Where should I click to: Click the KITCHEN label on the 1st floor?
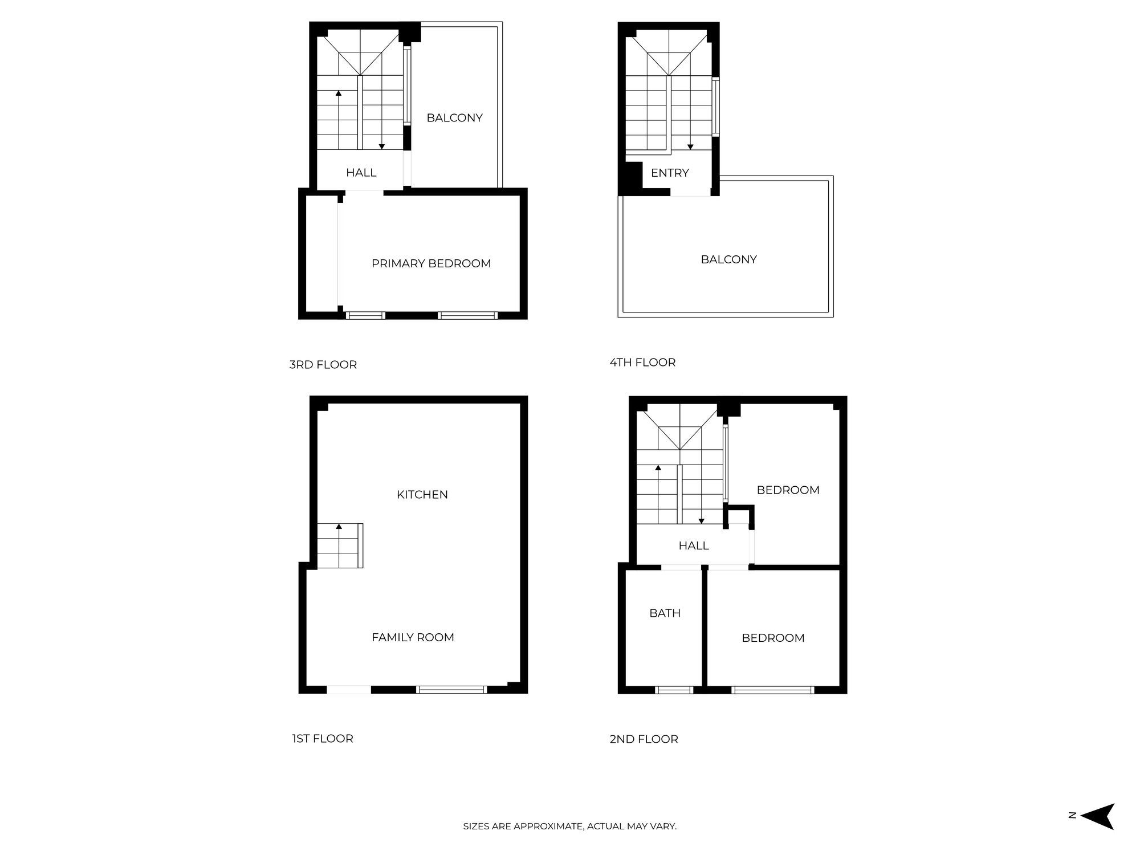coord(422,494)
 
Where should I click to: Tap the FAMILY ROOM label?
coord(413,637)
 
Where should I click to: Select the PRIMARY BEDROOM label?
coord(431,263)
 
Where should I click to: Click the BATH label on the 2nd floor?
coord(665,613)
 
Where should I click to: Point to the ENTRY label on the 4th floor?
coord(670,173)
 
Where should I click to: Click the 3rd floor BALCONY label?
coord(454,117)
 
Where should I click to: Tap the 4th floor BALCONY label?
coord(728,259)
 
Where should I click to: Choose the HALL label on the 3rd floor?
coord(361,172)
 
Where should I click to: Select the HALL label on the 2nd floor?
coord(693,545)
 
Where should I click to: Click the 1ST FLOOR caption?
coord(323,738)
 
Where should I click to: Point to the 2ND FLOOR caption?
coord(644,739)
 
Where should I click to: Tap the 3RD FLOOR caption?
coord(323,364)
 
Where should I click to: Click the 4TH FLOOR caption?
coord(642,362)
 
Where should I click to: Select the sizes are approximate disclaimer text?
coord(569,826)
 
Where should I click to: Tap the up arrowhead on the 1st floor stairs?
coord(339,526)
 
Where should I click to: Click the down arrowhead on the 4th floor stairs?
coord(690,147)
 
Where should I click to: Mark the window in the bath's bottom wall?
coord(674,690)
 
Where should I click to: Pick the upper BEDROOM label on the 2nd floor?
coord(788,490)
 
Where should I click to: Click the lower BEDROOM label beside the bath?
coord(773,638)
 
